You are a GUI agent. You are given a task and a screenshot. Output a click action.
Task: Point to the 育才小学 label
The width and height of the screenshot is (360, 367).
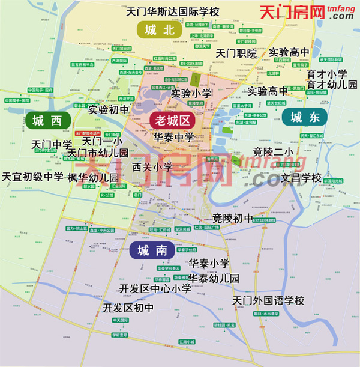click(327, 74)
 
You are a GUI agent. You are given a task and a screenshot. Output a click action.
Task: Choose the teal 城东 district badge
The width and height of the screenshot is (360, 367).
click(305, 117)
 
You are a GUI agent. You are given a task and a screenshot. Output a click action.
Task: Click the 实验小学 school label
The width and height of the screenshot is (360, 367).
click(191, 93)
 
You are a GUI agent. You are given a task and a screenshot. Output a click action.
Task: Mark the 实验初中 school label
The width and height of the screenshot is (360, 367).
click(109, 109)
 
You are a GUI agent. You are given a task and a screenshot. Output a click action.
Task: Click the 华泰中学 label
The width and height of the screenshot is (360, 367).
click(174, 137)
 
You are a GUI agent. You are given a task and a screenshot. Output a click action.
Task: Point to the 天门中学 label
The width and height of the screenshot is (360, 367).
click(52, 144)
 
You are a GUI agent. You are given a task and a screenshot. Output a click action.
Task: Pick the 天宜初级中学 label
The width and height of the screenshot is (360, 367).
click(32, 177)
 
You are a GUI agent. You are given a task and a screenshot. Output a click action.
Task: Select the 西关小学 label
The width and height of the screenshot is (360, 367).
click(152, 166)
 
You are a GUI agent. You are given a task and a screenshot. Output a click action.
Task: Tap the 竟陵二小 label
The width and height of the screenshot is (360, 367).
click(273, 151)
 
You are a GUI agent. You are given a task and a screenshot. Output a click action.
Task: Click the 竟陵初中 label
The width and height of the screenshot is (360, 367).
click(233, 217)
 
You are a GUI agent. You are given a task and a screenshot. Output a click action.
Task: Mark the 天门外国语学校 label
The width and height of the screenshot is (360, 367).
click(269, 300)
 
